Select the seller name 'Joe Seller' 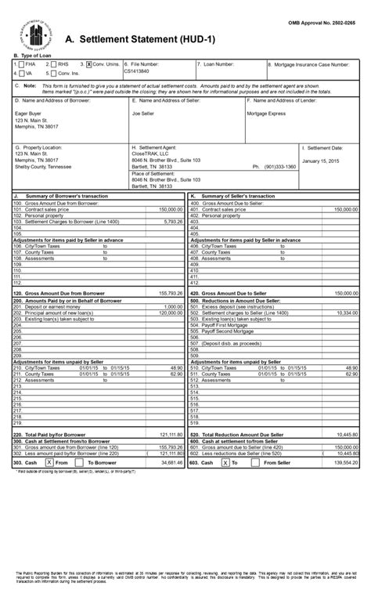143,113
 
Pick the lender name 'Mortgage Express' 268,113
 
